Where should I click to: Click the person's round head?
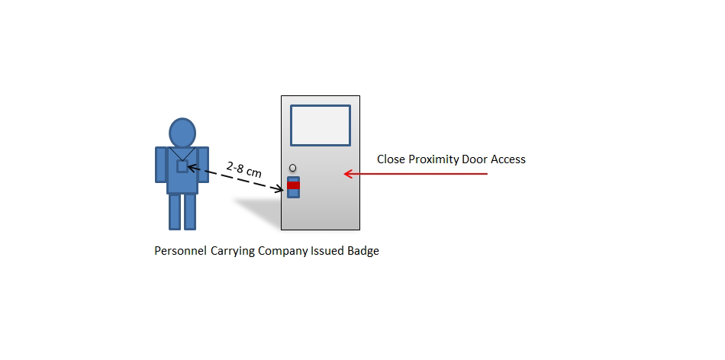point(182,133)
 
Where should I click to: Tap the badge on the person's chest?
point(182,166)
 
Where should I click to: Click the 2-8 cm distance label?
point(244,169)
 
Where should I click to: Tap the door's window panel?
point(321,125)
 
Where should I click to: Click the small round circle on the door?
point(293,168)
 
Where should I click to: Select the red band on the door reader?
point(293,185)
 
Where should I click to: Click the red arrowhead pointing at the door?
point(348,174)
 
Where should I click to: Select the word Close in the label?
point(391,159)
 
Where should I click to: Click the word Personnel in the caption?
point(180,251)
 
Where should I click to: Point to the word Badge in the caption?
point(362,251)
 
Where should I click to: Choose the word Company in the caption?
point(282,251)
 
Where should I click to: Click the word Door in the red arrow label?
point(476,159)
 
